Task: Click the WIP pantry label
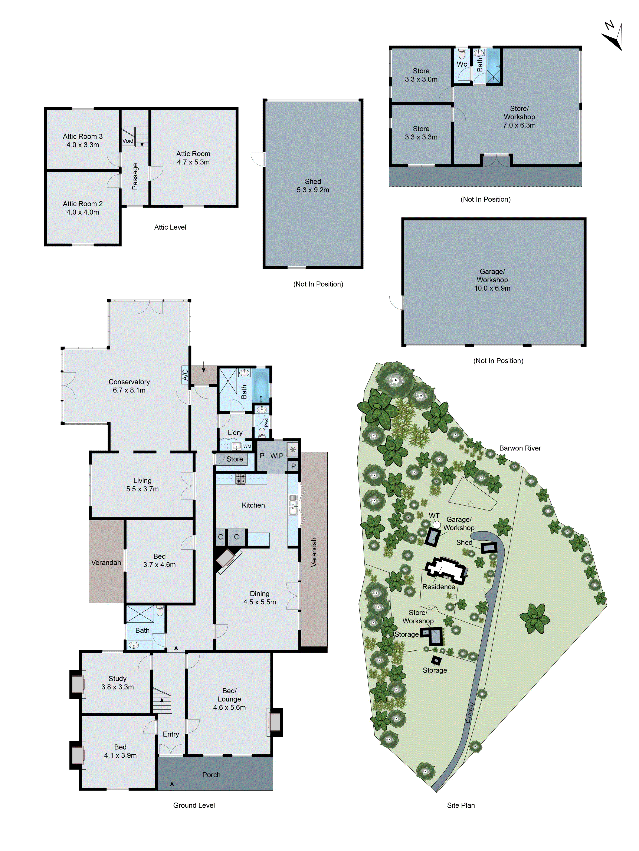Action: (x=276, y=456)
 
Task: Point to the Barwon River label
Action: (x=520, y=448)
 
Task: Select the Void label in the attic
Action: (x=128, y=141)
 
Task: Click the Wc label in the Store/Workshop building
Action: (x=462, y=64)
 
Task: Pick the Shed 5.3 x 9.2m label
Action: (x=313, y=186)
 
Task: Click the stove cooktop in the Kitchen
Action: (x=241, y=479)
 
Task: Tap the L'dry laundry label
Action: (x=235, y=433)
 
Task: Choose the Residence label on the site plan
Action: (x=438, y=587)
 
